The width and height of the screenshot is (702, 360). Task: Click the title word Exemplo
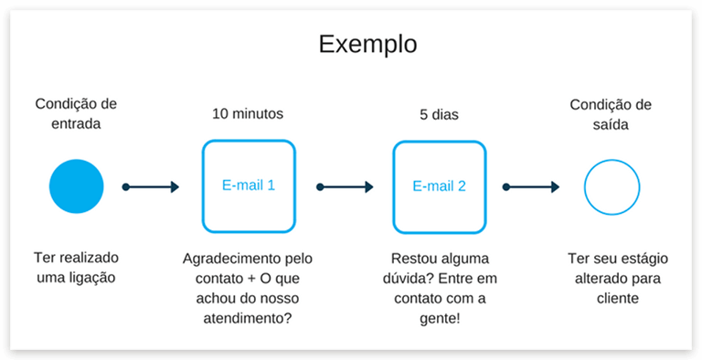pos(367,44)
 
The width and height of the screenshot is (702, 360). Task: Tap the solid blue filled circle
pos(77,186)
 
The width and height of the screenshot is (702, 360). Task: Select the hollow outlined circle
pos(612,186)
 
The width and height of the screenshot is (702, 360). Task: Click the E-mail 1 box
pos(249,186)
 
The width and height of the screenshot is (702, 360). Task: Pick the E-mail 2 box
pos(439,186)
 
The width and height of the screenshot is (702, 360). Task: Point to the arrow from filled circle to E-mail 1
pos(151,186)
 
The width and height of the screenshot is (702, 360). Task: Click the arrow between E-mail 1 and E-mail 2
pos(345,186)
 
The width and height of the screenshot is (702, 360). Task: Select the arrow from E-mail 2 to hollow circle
pos(534,186)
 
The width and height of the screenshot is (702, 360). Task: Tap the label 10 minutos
pos(248,114)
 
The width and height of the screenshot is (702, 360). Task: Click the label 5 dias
pos(439,114)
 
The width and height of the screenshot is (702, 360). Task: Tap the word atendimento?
pos(247,317)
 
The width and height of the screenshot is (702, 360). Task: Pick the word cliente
pos(612,297)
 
